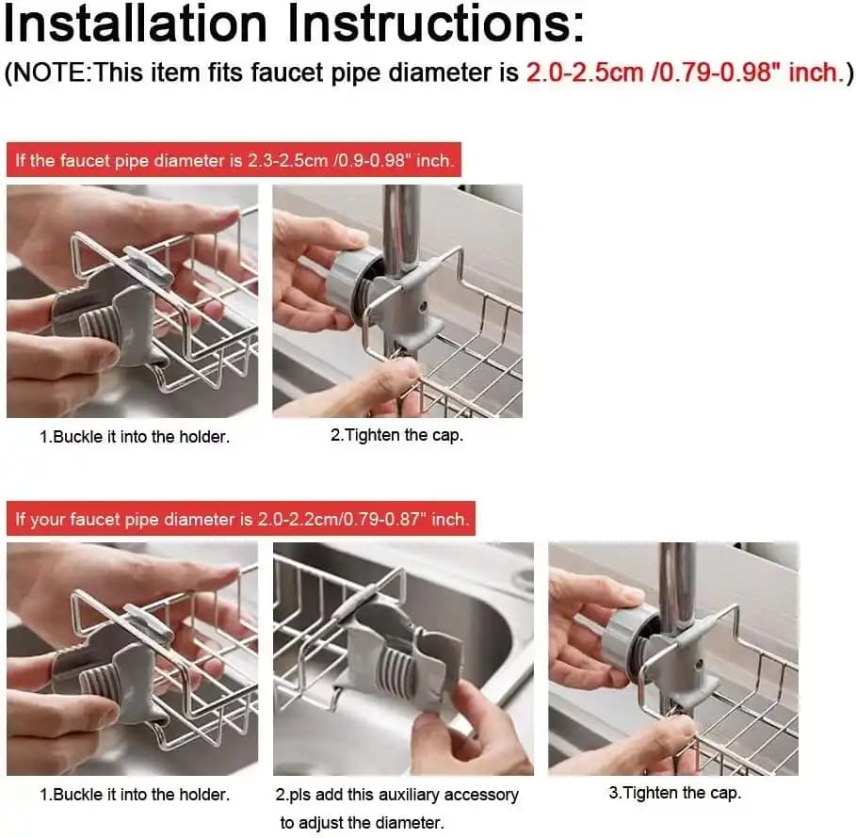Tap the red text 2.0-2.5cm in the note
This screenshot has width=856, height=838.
click(x=585, y=73)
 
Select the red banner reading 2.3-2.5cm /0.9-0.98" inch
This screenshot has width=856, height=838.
click(x=234, y=160)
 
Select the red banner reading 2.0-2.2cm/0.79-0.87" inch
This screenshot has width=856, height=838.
click(x=241, y=519)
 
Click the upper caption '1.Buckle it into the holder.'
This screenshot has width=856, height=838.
click(x=135, y=437)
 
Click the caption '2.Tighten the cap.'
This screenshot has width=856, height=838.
click(x=396, y=435)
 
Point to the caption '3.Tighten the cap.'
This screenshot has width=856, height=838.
click(x=675, y=793)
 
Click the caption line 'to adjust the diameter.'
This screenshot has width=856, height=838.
click(x=362, y=823)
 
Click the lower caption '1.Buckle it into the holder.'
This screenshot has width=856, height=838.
click(x=135, y=795)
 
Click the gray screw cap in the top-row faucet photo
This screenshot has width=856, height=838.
click(x=349, y=282)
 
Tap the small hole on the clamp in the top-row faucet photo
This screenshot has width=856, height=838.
click(x=422, y=306)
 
